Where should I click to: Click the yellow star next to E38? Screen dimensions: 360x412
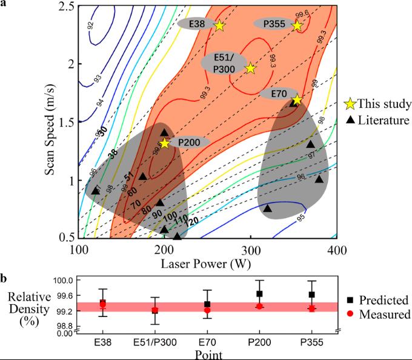coord(219,25)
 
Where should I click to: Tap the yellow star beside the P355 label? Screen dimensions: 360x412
coord(297,25)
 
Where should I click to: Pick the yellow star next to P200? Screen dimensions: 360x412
coord(164,143)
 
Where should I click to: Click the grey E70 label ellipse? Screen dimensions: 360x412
coord(279,94)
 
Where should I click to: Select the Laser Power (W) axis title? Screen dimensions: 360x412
coord(207,264)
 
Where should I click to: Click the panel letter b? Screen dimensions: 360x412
coord(4,279)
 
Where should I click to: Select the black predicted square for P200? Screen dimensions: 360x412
coord(259,294)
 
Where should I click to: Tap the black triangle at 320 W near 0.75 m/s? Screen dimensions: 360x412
coord(268,208)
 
